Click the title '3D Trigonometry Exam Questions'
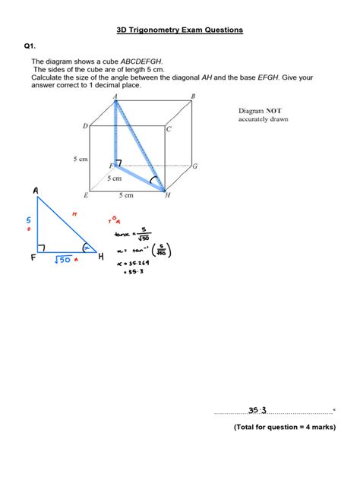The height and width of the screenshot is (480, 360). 180,30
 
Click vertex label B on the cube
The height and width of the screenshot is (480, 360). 193,96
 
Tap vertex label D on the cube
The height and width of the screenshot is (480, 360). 85,126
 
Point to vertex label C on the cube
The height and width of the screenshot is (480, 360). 169,129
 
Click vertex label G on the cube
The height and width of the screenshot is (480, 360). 195,166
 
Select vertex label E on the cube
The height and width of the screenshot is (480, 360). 85,196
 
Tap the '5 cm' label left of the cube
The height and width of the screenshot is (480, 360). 81,159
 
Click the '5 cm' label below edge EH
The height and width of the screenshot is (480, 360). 125,195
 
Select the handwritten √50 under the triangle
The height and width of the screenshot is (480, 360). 62,260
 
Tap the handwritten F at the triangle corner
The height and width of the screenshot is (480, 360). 33,258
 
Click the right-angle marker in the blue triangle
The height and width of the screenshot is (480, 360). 41,247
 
